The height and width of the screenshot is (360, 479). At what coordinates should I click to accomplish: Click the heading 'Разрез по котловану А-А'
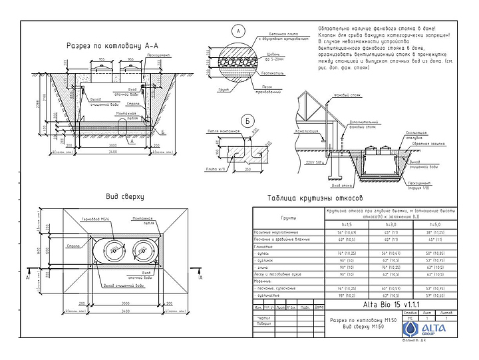pos(113,46)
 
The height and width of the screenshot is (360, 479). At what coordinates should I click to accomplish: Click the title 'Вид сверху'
pos(124,197)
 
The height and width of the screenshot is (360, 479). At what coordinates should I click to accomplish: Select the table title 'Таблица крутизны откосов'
pos(315,198)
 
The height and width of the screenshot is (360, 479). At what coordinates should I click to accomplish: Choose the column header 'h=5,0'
pos(436,225)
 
